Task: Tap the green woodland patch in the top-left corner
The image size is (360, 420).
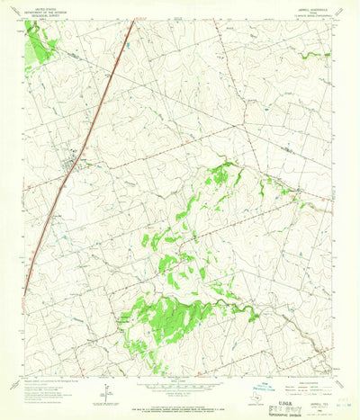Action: point(37,40)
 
